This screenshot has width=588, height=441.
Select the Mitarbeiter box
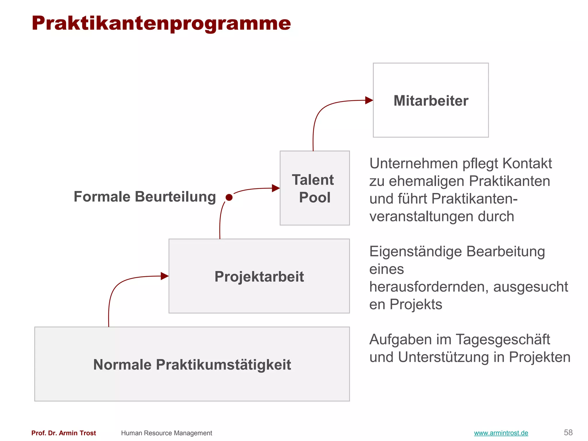[430, 100]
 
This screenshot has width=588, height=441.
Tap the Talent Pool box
[314, 188]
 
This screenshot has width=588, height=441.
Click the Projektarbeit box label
[259, 276]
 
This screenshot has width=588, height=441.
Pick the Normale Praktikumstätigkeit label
[192, 365]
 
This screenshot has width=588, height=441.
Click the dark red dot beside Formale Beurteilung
[229, 198]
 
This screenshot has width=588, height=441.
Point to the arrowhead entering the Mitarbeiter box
[369, 100]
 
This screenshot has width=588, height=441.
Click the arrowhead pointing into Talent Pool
[276, 188]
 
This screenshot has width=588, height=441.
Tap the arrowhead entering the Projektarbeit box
[165, 276]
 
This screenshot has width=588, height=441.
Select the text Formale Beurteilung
[145, 197]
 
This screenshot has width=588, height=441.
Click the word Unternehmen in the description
[413, 164]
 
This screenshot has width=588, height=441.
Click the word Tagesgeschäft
[502, 340]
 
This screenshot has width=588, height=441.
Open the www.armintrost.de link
[501, 433]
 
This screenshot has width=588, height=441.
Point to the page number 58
[568, 432]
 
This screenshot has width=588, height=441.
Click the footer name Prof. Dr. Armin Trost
[63, 433]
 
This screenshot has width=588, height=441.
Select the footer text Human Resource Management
[167, 433]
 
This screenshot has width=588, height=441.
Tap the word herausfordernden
[429, 287]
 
